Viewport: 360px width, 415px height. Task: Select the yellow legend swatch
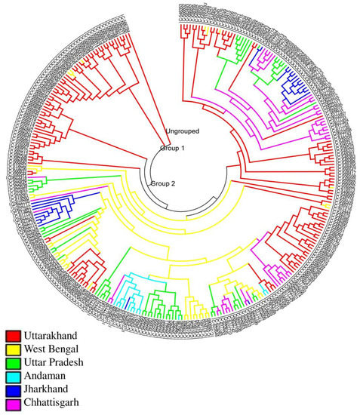click(x=13, y=349)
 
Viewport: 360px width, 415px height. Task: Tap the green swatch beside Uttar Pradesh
click(x=13, y=364)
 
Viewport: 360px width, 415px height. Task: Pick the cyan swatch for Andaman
click(x=13, y=378)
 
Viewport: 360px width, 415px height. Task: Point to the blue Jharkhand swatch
click(x=13, y=392)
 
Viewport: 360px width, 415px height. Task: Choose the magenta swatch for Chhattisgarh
click(x=13, y=407)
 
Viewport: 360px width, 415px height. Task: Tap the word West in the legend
click(x=37, y=350)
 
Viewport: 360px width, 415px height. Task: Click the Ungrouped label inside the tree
click(x=182, y=131)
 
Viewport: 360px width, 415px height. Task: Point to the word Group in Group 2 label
click(x=159, y=183)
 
